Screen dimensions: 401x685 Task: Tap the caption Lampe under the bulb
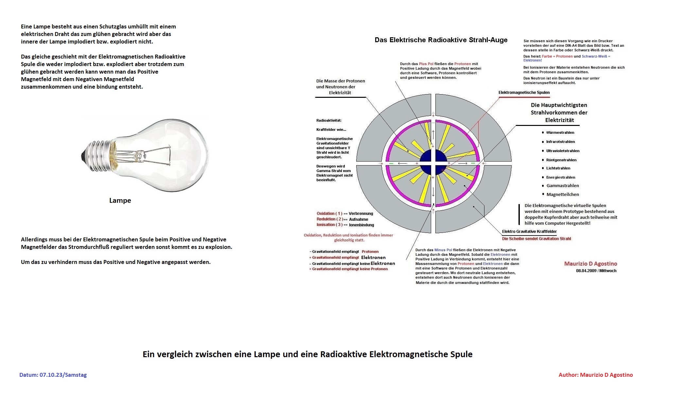click(x=120, y=200)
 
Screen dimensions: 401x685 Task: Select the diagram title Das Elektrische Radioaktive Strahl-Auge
click(x=441, y=40)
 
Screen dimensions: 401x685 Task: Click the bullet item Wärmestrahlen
click(x=560, y=132)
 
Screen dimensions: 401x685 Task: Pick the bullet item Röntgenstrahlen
click(x=561, y=160)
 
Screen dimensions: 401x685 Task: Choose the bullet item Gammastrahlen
click(x=562, y=185)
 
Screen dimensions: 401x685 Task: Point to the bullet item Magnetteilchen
click(x=562, y=194)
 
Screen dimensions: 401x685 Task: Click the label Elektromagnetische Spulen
click(x=524, y=93)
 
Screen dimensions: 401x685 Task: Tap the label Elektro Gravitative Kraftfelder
click(x=529, y=232)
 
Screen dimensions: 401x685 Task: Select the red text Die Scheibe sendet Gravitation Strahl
click(x=536, y=239)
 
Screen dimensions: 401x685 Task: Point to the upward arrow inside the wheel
click(x=433, y=134)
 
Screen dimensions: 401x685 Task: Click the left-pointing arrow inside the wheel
click(x=402, y=163)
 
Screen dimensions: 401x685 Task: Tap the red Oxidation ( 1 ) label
click(x=329, y=214)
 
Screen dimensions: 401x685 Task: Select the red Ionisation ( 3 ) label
click(x=329, y=225)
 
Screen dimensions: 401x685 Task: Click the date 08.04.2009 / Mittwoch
click(x=596, y=271)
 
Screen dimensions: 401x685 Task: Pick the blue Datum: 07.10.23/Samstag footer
click(x=53, y=375)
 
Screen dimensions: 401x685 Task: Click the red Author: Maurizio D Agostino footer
click(x=595, y=375)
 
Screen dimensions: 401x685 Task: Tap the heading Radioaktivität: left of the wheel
click(x=329, y=120)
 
